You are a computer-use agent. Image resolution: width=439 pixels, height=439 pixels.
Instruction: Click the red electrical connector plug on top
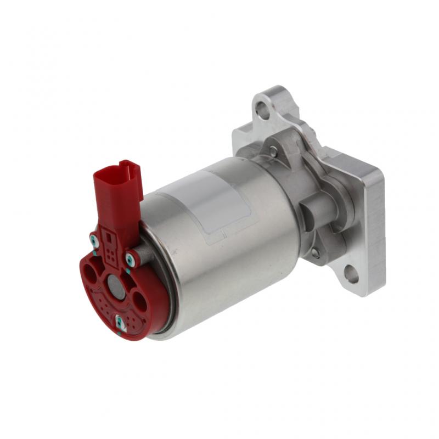116,189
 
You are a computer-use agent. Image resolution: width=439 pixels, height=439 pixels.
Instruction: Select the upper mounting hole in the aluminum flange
263,111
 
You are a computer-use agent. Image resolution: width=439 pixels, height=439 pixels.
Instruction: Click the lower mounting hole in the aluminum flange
351,273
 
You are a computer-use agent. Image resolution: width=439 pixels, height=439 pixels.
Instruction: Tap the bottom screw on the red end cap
120,323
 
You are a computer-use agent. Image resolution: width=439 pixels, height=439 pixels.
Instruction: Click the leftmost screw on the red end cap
94,239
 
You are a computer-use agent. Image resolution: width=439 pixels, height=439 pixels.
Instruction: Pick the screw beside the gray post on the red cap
130,258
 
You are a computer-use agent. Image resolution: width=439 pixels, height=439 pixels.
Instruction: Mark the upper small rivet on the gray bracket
273,150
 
